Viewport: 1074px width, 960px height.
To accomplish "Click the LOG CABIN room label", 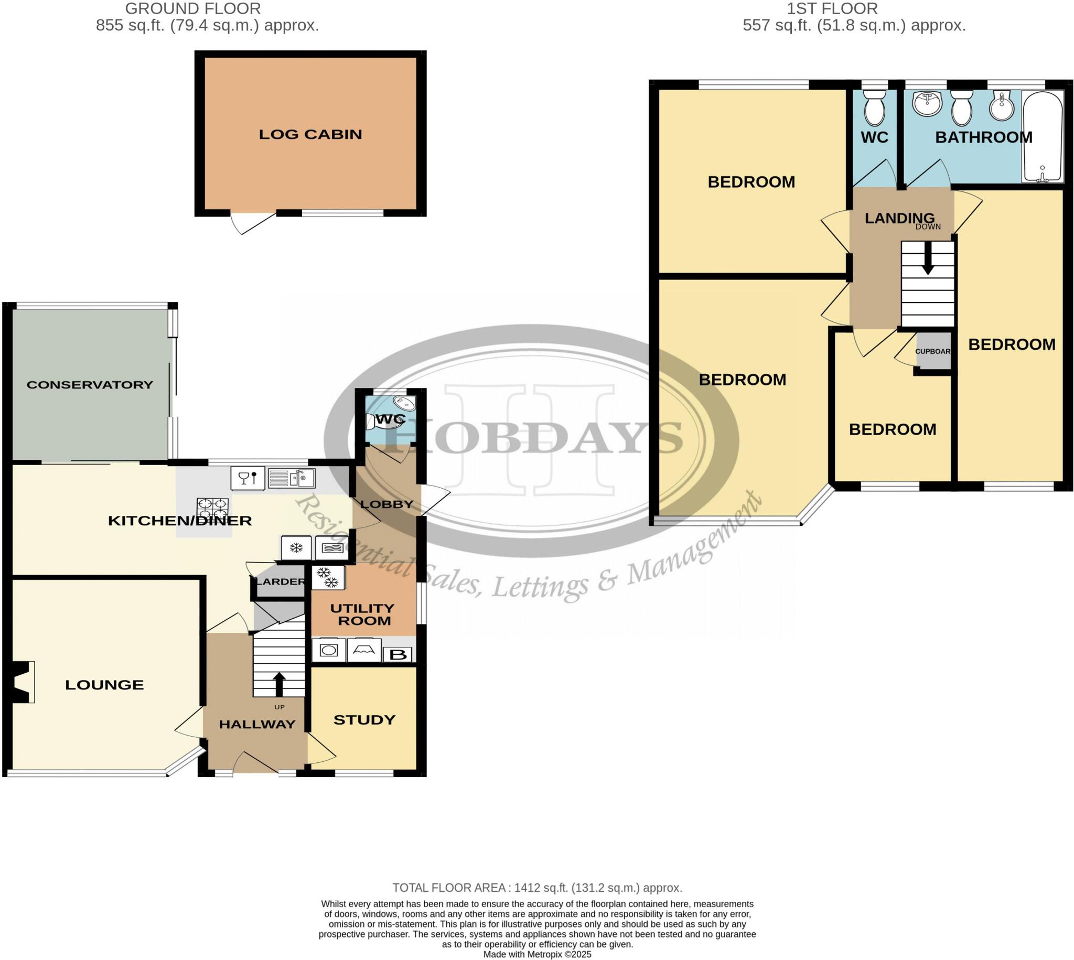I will pyautogui.click(x=310, y=135).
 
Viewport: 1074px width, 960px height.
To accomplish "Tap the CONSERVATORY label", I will pyautogui.click(x=90, y=385).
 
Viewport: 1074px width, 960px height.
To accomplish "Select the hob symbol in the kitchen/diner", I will pyautogui.click(x=213, y=509).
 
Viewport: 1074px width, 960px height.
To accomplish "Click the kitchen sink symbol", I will pyautogui.click(x=291, y=478).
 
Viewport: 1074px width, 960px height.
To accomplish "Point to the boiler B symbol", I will pyautogui.click(x=398, y=655).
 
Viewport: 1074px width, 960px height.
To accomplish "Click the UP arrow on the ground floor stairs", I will pyautogui.click(x=278, y=684).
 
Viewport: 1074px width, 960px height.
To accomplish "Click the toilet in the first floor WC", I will pyautogui.click(x=875, y=108).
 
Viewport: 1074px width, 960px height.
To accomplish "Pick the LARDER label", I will pyautogui.click(x=280, y=582).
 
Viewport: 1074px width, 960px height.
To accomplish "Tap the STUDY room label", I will pyautogui.click(x=364, y=720).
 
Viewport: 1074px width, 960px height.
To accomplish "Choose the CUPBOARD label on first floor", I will pyautogui.click(x=932, y=351).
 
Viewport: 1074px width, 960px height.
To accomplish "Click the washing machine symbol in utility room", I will pyautogui.click(x=329, y=650).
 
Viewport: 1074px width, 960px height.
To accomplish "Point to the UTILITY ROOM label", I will pyautogui.click(x=362, y=614).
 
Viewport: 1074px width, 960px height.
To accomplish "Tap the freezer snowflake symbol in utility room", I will pyautogui.click(x=328, y=577).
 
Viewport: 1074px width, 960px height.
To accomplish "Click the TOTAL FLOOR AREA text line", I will pyautogui.click(x=537, y=888).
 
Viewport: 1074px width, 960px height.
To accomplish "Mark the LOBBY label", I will pyautogui.click(x=386, y=504).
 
